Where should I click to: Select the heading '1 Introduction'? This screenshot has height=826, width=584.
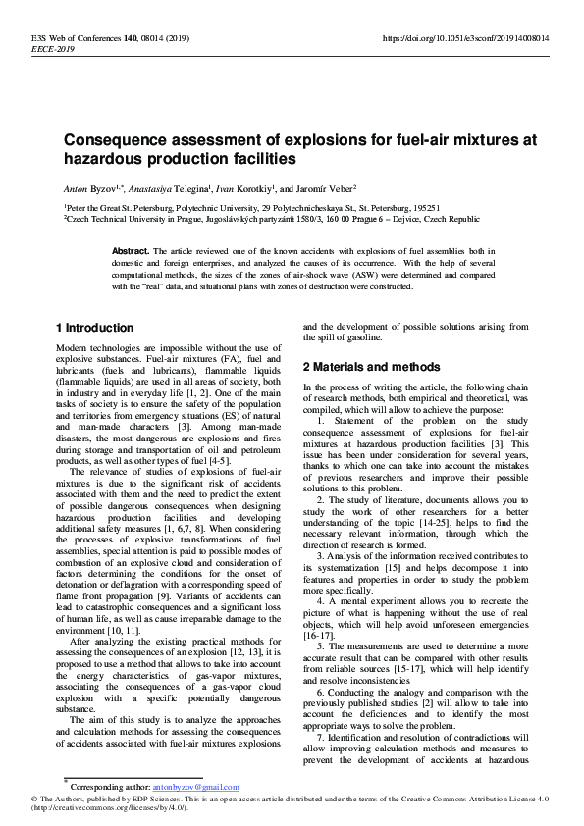94,328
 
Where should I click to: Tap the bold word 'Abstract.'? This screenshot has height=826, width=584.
132,251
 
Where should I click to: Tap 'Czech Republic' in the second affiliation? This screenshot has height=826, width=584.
450,220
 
